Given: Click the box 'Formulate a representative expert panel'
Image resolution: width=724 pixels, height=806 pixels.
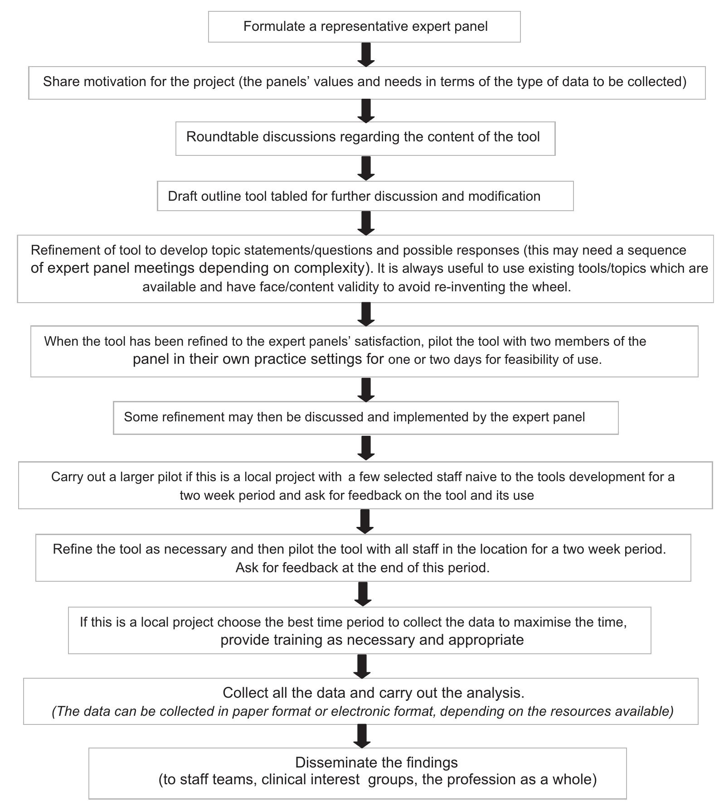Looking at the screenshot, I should [x=364, y=27].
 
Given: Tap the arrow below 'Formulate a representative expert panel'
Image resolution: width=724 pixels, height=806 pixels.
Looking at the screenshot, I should [x=366, y=55].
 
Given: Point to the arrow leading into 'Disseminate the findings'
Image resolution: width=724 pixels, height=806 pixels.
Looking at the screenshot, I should [x=362, y=736].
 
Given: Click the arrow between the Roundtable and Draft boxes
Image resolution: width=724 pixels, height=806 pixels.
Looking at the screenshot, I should [x=366, y=168].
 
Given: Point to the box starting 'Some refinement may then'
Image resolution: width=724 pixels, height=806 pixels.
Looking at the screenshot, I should [x=365, y=417].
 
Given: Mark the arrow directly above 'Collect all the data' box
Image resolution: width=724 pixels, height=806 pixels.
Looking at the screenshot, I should [x=362, y=666].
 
